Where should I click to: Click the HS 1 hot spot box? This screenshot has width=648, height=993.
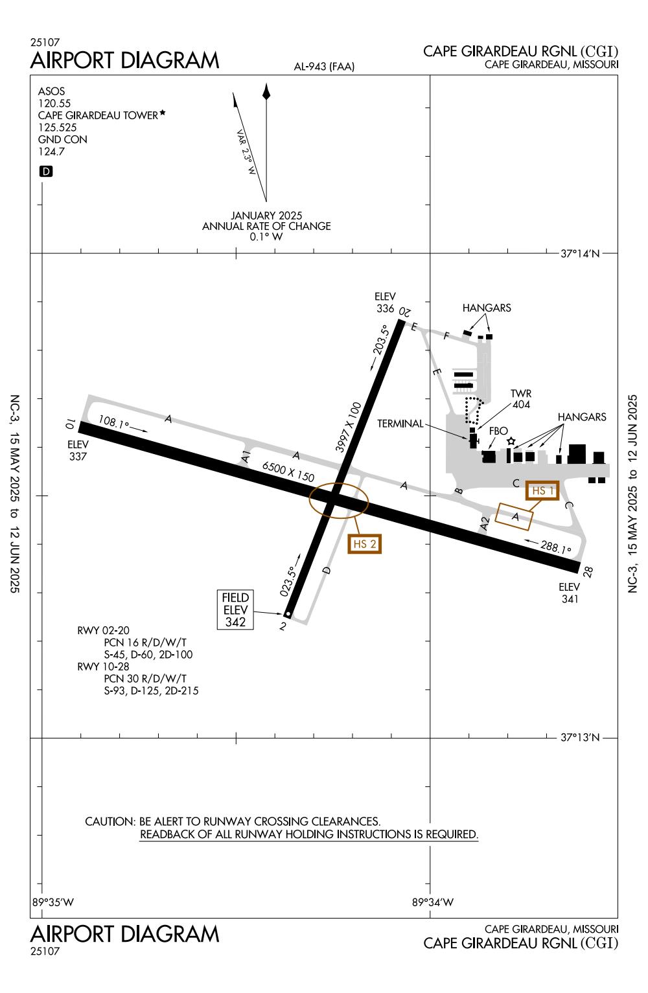pyautogui.click(x=542, y=491)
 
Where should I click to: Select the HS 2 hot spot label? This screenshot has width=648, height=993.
pyautogui.click(x=364, y=543)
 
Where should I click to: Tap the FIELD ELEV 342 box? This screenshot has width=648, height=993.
pyautogui.click(x=235, y=610)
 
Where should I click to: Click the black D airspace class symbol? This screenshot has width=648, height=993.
pyautogui.click(x=46, y=172)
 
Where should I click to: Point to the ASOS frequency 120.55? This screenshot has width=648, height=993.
pyautogui.click(x=54, y=104)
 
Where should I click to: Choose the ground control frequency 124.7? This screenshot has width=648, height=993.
pyautogui.click(x=52, y=152)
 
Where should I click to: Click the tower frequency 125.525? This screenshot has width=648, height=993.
pyautogui.click(x=58, y=128)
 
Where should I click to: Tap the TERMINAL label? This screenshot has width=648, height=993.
pyautogui.click(x=399, y=424)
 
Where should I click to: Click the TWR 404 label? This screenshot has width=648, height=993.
pyautogui.click(x=520, y=399)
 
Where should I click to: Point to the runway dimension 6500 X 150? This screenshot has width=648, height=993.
pyautogui.click(x=288, y=472)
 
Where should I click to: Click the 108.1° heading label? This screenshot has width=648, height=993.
pyautogui.click(x=114, y=424)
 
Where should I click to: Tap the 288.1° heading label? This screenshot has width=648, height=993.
pyautogui.click(x=556, y=548)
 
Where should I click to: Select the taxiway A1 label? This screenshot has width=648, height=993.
pyautogui.click(x=246, y=456)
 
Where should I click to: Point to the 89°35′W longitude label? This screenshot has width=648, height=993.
pyautogui.click(x=53, y=902)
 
